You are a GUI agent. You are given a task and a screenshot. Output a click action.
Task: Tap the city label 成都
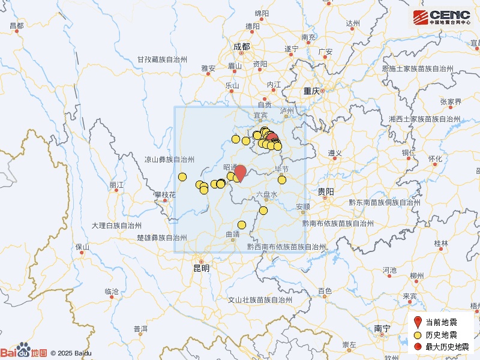coord(241,46)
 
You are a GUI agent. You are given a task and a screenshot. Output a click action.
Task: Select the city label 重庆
coord(311,91)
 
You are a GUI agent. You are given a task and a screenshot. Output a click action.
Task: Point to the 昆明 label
coord(201,268)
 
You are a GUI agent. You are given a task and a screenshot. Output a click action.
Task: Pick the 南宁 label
coord(382,328)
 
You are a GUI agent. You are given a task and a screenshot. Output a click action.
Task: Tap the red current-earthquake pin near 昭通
coord(240,173)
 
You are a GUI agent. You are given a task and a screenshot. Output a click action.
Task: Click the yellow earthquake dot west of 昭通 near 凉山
coord(182,176)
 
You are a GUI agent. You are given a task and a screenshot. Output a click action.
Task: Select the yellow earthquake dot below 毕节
coord(282,179)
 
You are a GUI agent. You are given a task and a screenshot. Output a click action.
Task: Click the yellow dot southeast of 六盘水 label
coord(263,210)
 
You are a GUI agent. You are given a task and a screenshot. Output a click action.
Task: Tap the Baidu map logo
coord(24,352)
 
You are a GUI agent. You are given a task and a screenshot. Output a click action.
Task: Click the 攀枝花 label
coord(165,195)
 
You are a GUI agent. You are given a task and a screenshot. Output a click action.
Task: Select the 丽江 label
coord(116,185)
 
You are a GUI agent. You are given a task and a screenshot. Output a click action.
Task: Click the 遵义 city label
coord(334,153)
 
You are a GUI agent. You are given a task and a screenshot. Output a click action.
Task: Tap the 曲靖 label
coord(232,234)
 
